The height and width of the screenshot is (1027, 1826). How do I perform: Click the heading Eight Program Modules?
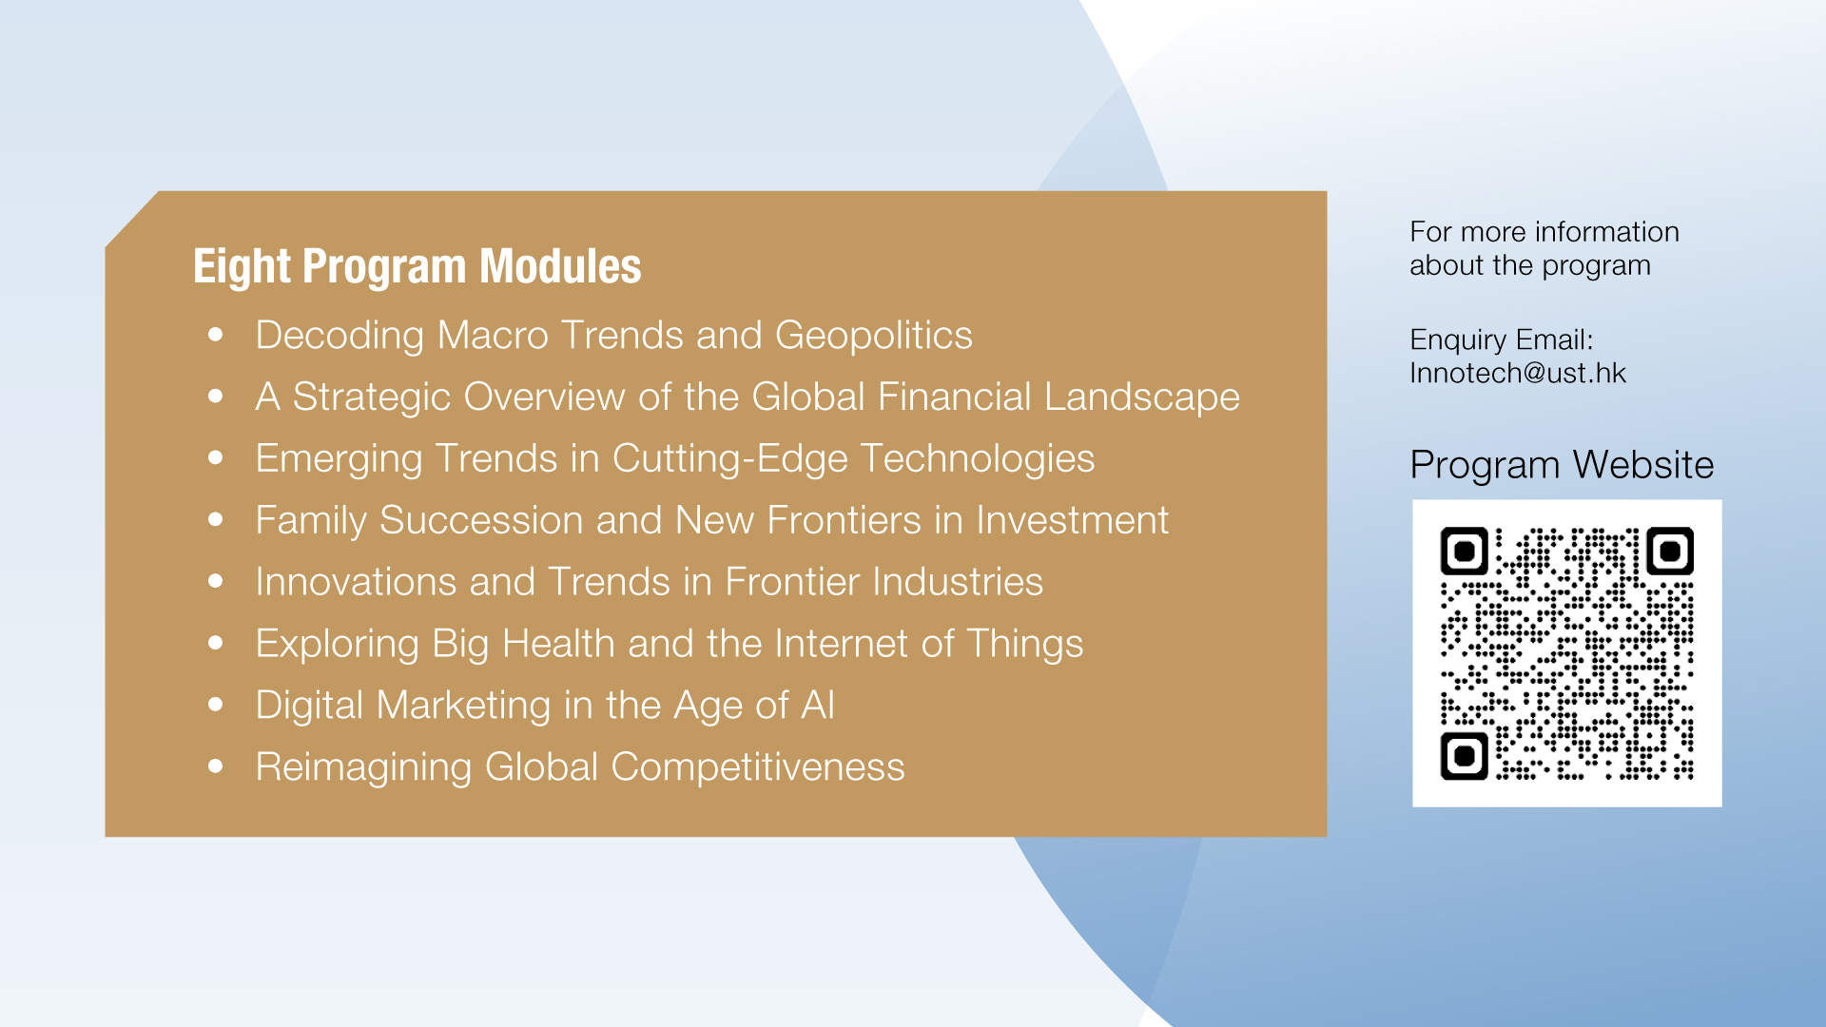417,266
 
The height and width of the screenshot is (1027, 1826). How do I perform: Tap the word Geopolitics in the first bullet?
873,337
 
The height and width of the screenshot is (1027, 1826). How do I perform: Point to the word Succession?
481,520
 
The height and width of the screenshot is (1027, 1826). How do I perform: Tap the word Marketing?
463,707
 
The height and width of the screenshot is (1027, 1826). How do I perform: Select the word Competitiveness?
757,767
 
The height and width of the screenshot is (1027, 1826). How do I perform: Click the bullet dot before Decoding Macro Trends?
216,335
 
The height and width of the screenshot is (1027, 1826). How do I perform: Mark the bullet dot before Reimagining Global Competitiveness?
216,766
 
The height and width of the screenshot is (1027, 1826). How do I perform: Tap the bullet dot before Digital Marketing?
216,705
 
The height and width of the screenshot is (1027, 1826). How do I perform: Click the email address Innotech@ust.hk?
1518,373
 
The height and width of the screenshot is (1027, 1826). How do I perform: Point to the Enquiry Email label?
1501,340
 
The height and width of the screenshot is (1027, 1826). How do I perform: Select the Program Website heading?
1562,465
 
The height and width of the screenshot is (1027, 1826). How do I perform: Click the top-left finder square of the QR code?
1465,551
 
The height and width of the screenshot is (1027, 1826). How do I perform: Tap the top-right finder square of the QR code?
1670,551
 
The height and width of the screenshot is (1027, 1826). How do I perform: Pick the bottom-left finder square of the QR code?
1465,756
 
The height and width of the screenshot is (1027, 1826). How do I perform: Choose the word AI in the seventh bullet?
818,706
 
